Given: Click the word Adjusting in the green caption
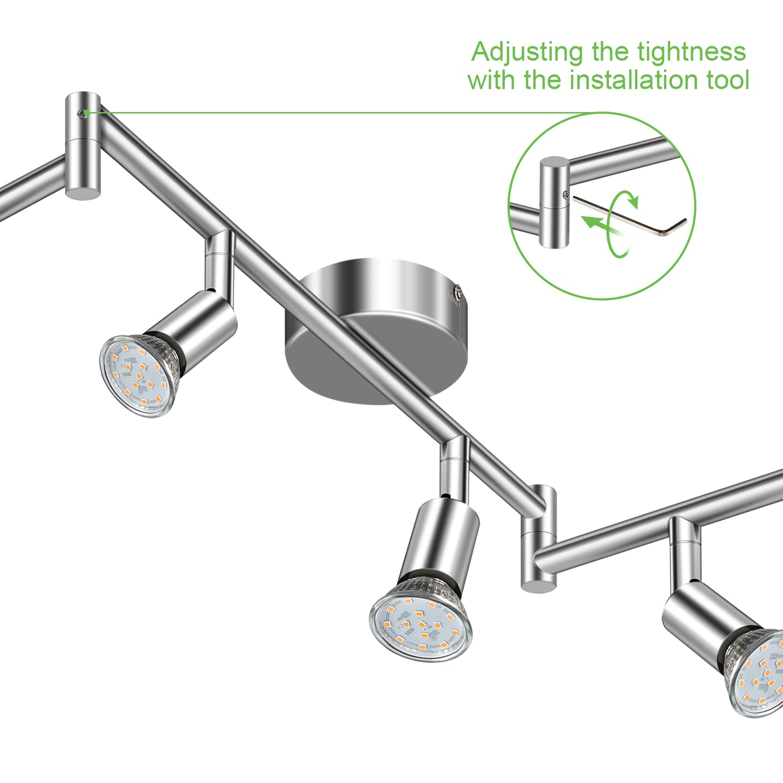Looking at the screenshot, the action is coord(527,53).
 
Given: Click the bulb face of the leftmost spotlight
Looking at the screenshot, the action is coord(137,376).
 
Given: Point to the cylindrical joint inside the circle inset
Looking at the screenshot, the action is coord(554,202).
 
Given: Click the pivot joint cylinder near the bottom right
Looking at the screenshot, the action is coord(539,538).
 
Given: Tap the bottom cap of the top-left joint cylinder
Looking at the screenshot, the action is coord(83,192).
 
